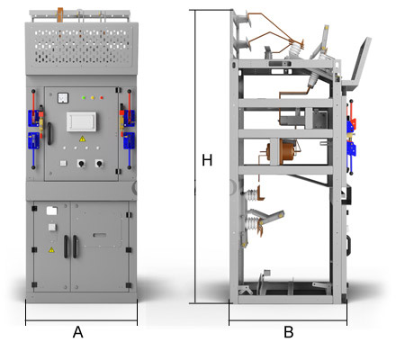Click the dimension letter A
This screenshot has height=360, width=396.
(78, 332)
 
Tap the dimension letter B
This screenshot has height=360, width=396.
(289, 332)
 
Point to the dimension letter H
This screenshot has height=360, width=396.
(207, 160)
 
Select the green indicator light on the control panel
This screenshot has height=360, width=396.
(84, 97)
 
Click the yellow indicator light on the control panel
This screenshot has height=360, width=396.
(93, 97)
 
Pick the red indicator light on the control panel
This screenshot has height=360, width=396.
(102, 97)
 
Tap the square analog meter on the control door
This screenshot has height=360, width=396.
(63, 98)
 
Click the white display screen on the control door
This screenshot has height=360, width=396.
(81, 121)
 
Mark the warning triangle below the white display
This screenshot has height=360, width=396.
(82, 139)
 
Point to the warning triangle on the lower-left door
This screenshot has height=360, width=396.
(51, 249)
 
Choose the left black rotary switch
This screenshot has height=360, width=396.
(81, 164)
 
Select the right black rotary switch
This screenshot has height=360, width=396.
(99, 164)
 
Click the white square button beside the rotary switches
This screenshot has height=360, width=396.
(63, 163)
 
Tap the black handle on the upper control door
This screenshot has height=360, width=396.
(49, 133)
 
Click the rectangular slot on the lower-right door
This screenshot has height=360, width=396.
(100, 235)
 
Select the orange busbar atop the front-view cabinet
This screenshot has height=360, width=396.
(60, 14)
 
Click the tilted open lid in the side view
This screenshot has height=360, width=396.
(358, 65)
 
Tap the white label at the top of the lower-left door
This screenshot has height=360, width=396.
(51, 211)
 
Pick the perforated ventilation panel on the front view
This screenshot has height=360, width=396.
(82, 47)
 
